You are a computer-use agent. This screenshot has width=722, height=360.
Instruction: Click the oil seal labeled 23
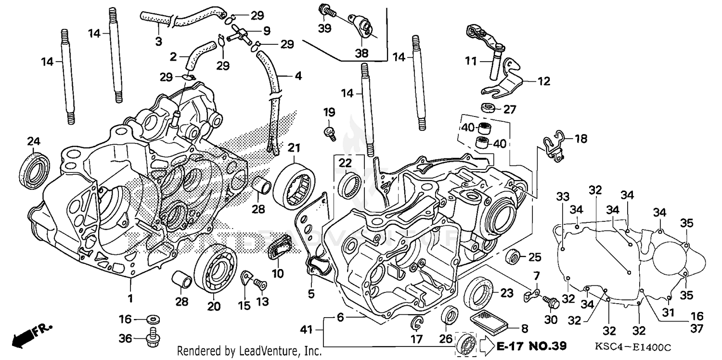(x=478, y=293)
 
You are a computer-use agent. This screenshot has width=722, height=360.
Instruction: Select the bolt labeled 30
(x=550, y=301)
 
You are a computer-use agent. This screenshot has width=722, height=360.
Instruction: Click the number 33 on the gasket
(x=563, y=196)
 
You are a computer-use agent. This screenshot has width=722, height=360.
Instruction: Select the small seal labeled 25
(x=514, y=257)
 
